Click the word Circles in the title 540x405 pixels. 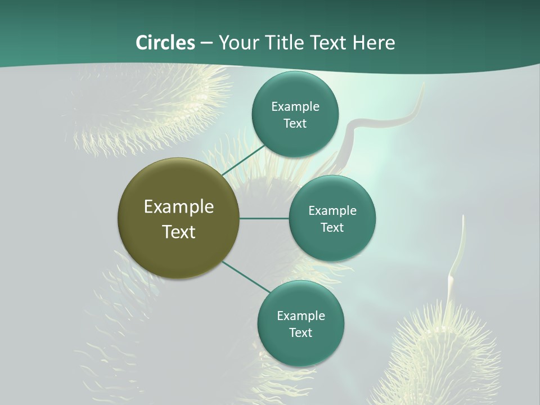coord(165,43)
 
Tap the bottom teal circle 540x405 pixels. coord(300,349)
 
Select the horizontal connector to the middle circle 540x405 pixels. coord(264,218)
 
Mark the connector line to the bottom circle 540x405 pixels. coord(246,277)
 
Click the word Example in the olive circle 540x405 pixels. coord(179,207)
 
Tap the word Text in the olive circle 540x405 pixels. coord(179,232)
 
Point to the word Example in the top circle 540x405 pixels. coord(295,107)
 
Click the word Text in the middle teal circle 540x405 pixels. coord(332,227)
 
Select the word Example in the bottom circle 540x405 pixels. coord(301,316)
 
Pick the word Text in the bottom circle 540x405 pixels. coord(300,332)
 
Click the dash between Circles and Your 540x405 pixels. coord(206,43)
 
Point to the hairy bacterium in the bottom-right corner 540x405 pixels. coord(444,354)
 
